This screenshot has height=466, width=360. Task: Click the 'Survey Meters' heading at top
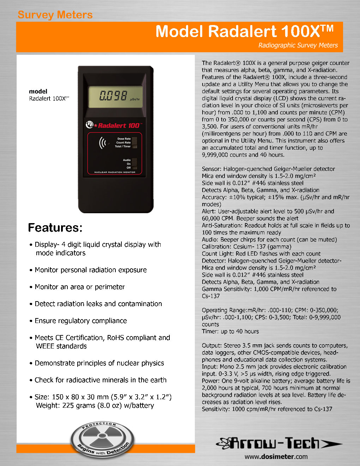[x=55, y=15]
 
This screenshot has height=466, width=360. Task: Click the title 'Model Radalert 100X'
[x=244, y=31]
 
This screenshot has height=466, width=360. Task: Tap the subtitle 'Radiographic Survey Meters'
[x=298, y=45]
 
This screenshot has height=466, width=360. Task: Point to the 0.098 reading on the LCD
[x=113, y=96]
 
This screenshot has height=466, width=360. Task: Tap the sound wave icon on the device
[x=103, y=143]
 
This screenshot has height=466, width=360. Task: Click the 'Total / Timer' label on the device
[x=122, y=147]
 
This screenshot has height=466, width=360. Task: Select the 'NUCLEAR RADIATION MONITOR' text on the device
[x=115, y=172]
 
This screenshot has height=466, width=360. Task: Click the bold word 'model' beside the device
[x=38, y=91]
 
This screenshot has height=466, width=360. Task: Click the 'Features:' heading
[x=55, y=228]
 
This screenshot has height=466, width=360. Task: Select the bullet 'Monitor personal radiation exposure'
[x=90, y=270]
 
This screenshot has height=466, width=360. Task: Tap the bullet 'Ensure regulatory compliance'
[x=80, y=321]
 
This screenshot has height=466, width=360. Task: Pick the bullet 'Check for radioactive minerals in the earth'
[x=100, y=380]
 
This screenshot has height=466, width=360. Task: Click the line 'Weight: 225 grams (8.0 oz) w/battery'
[x=95, y=406]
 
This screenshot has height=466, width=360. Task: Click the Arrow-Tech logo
[x=279, y=443]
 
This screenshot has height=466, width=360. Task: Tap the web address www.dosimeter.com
[x=276, y=456]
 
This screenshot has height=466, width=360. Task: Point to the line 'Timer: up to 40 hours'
[x=230, y=331]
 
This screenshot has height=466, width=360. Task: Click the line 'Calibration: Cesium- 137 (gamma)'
[x=246, y=247]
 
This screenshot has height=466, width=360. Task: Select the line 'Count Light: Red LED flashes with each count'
[x=261, y=254]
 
